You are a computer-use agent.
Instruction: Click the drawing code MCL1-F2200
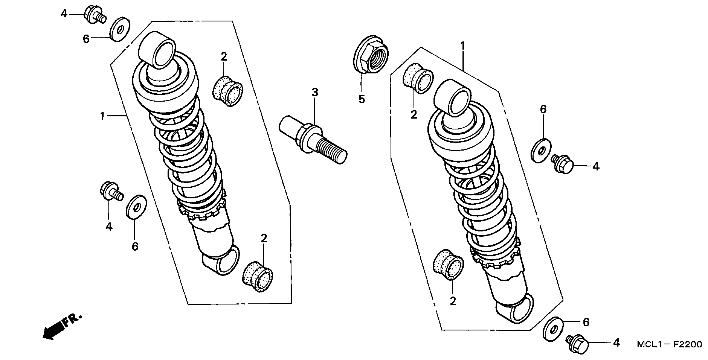click(x=669, y=344)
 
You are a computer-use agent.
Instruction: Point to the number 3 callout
click(x=315, y=93)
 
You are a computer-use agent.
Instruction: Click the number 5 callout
click(x=362, y=99)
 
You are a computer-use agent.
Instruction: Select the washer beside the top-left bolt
click(x=120, y=29)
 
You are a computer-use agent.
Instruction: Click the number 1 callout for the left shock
click(x=103, y=116)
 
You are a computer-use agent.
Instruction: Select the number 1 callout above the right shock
click(x=463, y=45)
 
